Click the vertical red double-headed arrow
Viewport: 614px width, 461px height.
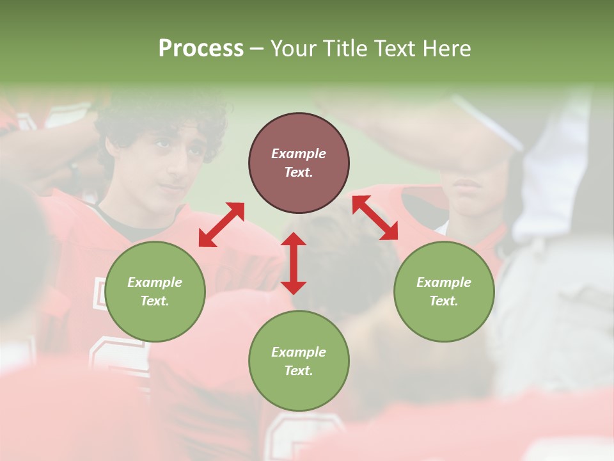click(294, 263)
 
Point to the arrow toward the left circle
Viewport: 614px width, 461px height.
click(221, 225)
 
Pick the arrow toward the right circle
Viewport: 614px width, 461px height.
click(375, 218)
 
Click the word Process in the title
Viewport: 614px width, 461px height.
click(201, 49)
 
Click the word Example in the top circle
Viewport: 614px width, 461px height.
click(299, 154)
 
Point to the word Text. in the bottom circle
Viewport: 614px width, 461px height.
click(299, 371)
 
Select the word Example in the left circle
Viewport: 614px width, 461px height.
click(155, 282)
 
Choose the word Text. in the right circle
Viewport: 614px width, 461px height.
click(444, 301)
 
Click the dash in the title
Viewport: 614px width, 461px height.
click(257, 49)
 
